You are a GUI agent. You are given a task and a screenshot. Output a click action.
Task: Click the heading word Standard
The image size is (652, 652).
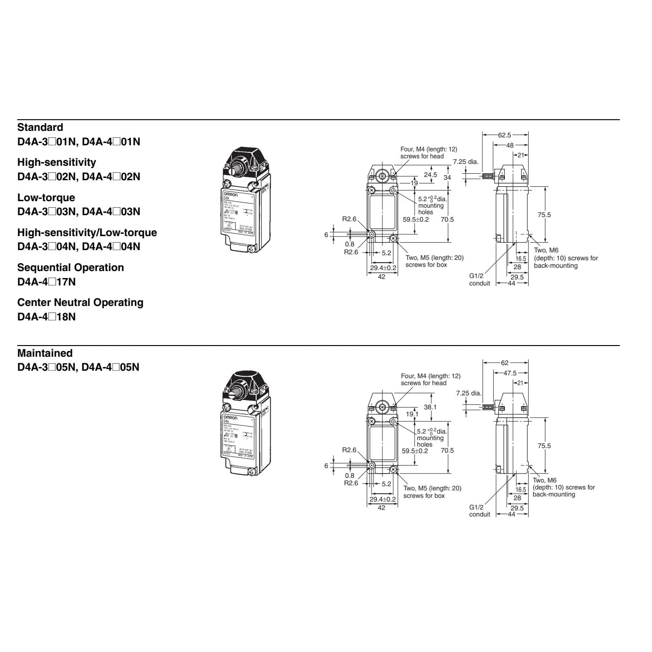[40, 127]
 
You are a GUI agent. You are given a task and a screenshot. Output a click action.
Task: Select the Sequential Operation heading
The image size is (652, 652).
[70, 267]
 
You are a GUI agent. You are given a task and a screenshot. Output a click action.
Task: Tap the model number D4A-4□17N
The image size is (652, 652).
[46, 282]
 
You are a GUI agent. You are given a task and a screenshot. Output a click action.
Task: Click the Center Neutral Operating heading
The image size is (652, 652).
[80, 302]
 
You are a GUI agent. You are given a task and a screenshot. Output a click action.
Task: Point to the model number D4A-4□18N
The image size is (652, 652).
[46, 317]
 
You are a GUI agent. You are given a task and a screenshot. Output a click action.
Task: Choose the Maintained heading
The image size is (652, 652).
[45, 353]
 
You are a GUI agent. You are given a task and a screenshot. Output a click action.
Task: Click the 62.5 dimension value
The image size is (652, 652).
[504, 135]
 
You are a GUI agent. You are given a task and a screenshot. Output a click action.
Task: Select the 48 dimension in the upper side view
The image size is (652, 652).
[510, 145]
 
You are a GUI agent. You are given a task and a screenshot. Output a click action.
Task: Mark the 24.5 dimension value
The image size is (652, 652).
[430, 175]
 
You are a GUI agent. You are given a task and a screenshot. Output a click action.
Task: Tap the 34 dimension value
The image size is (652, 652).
[447, 177]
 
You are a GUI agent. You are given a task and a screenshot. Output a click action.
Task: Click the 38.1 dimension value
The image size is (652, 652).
[430, 407]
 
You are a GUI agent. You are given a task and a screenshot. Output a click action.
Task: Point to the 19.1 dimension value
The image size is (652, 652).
[412, 414]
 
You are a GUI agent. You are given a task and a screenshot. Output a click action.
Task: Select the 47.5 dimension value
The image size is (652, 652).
[510, 373]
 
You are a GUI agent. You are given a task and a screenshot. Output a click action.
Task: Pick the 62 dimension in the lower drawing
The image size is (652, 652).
[505, 363]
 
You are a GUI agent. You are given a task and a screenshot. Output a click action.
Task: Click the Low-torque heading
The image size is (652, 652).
[46, 197]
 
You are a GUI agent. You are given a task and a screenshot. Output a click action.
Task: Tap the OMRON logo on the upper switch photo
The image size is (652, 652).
[231, 194]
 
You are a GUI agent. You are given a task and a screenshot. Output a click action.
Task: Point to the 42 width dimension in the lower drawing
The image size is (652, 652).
[381, 508]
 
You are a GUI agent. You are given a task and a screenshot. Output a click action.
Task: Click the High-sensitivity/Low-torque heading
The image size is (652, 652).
[87, 232]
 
